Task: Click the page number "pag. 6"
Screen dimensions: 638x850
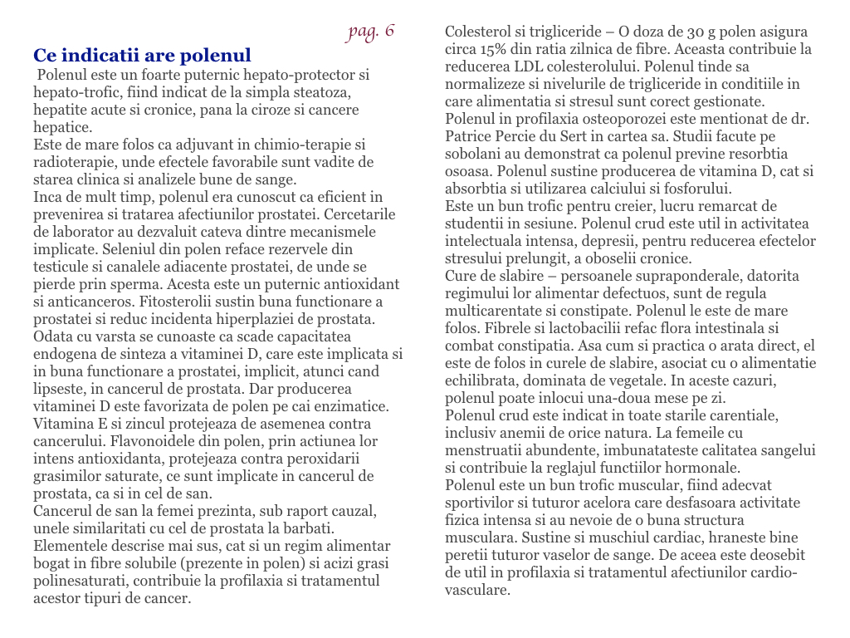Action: coord(371,32)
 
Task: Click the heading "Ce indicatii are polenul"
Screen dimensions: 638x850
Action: coord(142,56)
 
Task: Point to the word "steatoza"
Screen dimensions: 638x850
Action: coord(321,92)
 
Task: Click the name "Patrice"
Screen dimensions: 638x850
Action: coord(470,136)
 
